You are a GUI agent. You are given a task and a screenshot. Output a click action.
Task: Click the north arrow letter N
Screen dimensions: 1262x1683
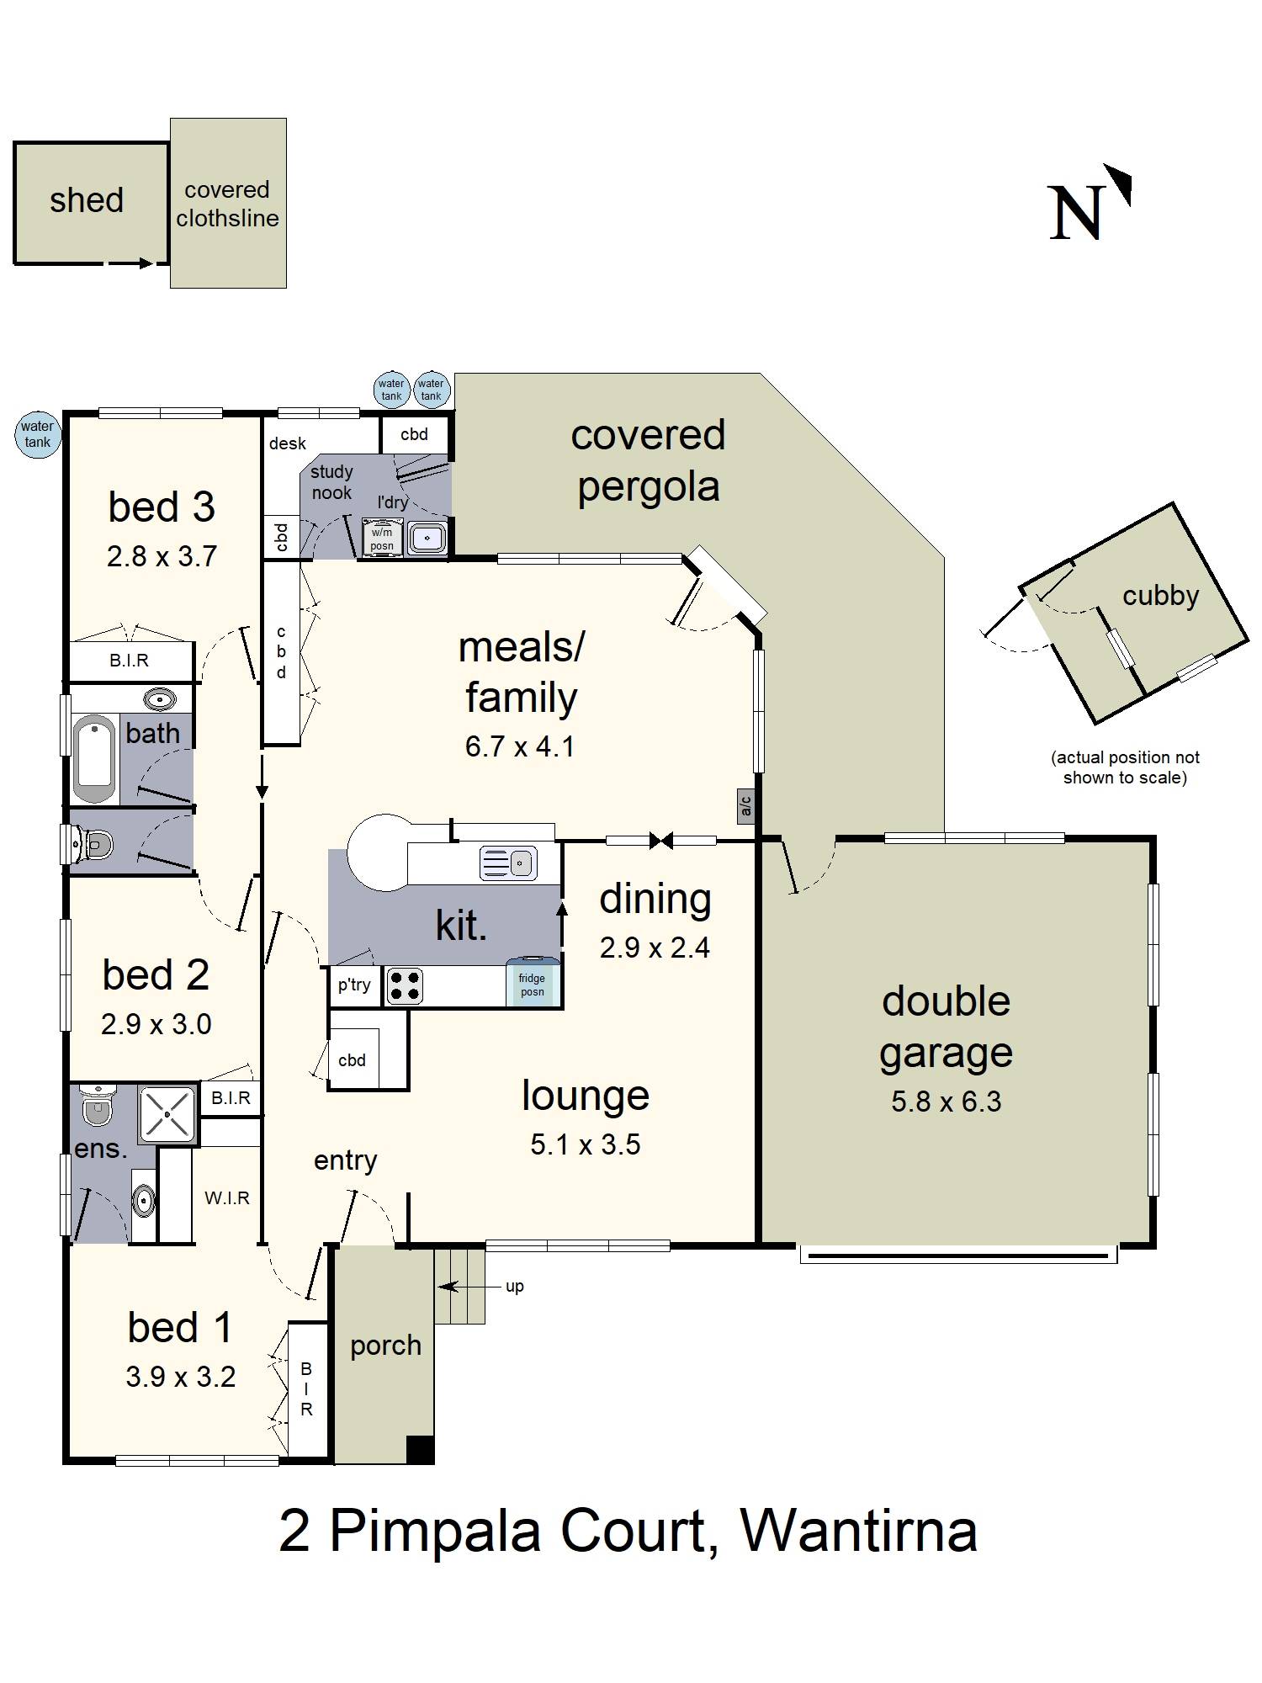point(1076,213)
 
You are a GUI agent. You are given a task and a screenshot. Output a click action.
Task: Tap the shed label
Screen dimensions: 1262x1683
point(87,200)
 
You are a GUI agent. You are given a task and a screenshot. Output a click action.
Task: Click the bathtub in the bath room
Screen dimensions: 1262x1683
point(93,758)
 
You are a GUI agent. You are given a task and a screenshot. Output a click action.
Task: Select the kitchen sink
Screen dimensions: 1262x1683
point(508,863)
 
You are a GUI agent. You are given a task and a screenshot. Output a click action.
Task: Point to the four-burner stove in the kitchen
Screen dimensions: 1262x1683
point(405,987)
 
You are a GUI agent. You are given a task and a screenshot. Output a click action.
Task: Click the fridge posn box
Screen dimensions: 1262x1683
point(533,982)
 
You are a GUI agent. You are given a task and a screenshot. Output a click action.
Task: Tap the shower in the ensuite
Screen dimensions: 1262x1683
point(167,1114)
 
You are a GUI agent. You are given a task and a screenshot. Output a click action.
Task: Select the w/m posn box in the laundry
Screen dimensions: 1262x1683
point(382,539)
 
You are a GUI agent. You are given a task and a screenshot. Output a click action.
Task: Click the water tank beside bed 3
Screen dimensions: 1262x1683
point(38,434)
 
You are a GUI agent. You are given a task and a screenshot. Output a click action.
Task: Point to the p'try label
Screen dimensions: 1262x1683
point(354,985)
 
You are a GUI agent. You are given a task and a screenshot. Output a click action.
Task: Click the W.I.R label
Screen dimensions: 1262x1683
point(227,1198)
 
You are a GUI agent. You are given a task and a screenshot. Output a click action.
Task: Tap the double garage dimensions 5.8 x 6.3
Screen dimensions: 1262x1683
point(946,1102)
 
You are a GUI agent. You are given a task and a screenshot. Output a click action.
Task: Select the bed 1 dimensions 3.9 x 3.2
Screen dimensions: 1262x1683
point(181,1377)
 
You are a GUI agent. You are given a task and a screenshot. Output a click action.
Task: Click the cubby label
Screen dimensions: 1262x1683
point(1161,596)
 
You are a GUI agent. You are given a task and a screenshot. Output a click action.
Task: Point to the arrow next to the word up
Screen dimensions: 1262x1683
point(460,1286)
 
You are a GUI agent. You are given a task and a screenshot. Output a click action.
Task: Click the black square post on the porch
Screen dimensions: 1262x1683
point(420,1449)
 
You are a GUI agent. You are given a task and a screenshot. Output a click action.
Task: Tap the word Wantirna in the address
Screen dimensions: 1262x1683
point(859,1531)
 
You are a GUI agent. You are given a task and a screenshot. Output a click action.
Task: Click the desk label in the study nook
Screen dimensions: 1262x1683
point(288,443)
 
